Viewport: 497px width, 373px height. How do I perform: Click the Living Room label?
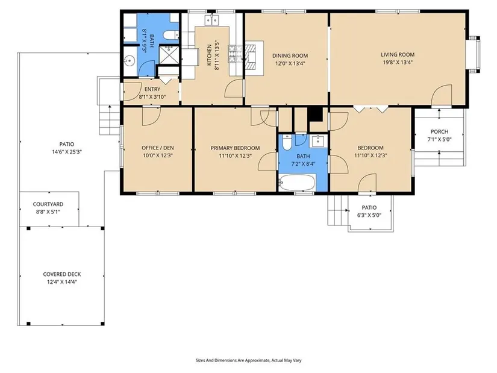pyautogui.click(x=398, y=55)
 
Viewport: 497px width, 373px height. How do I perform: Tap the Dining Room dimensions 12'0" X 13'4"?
pyautogui.click(x=290, y=63)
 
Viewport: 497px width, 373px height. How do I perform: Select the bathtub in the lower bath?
pyautogui.click(x=296, y=183)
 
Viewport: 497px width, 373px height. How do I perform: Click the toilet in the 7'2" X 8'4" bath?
pyautogui.click(x=287, y=142)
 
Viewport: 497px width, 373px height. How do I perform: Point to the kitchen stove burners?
pyautogui.click(x=235, y=54)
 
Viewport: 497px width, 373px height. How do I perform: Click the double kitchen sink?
pyautogui.click(x=211, y=20)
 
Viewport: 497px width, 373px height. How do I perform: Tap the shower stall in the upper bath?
pyautogui.click(x=169, y=55)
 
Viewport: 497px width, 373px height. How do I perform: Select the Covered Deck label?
pyautogui.click(x=62, y=274)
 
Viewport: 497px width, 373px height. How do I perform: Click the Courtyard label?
pyautogui.click(x=48, y=204)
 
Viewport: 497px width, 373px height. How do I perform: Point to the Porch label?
pyautogui.click(x=439, y=131)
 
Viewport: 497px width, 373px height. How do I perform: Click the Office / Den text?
pyautogui.click(x=157, y=148)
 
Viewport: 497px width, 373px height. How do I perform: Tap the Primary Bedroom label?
pyautogui.click(x=235, y=148)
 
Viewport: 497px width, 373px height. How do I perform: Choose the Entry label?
pyautogui.click(x=152, y=89)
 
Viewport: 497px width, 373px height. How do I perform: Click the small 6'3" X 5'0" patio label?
pyautogui.click(x=369, y=215)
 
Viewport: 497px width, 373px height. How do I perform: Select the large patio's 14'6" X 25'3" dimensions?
pyautogui.click(x=67, y=152)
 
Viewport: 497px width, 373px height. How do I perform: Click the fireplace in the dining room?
pyautogui.click(x=254, y=58)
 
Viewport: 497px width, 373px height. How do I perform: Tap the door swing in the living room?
pyautogui.click(x=441, y=95)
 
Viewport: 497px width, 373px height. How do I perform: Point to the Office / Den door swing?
pyautogui.click(x=151, y=116)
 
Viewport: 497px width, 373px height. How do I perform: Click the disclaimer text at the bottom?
pyautogui.click(x=248, y=360)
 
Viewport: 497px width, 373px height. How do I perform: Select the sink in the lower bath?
pyautogui.click(x=317, y=141)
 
